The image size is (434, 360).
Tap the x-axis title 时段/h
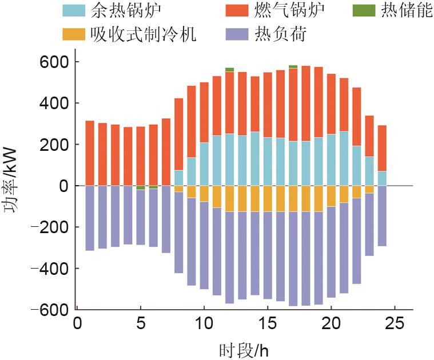(243, 349)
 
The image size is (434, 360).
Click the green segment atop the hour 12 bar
(229, 70)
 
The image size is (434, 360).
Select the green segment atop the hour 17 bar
(293, 67)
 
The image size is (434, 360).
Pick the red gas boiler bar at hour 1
(90, 153)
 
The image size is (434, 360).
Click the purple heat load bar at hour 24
(382, 216)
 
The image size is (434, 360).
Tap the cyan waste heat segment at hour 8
(179, 178)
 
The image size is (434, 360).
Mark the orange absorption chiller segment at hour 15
(268, 199)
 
